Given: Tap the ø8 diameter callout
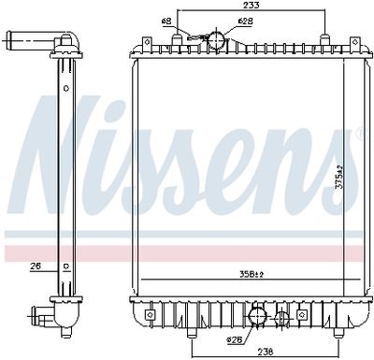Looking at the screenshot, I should coord(165,20).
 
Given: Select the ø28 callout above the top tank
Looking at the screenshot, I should coord(244,20).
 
